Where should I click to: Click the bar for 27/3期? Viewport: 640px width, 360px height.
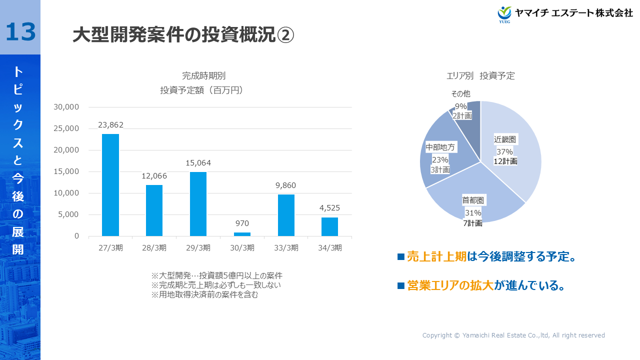[110, 185]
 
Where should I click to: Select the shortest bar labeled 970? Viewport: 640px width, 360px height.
[242, 234]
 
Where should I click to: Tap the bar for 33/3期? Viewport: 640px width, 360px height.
[286, 215]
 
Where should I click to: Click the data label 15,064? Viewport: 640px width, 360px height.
[198, 162]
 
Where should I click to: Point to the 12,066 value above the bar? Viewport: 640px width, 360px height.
[154, 176]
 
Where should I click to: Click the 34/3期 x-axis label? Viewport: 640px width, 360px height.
[330, 247]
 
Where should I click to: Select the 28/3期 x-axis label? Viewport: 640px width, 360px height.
[154, 247]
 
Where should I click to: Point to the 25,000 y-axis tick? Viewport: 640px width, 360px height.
[66, 128]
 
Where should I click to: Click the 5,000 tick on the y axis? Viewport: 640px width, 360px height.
[68, 214]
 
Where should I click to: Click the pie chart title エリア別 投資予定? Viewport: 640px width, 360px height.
[480, 76]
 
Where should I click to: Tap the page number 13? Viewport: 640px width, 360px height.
[20, 32]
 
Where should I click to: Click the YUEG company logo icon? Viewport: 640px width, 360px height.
[505, 14]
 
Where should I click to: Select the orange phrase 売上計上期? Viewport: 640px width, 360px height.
[436, 256]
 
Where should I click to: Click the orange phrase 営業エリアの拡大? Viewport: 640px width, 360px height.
[450, 285]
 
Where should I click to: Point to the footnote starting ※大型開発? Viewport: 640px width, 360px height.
[217, 275]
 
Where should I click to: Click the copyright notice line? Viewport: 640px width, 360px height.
[513, 335]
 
